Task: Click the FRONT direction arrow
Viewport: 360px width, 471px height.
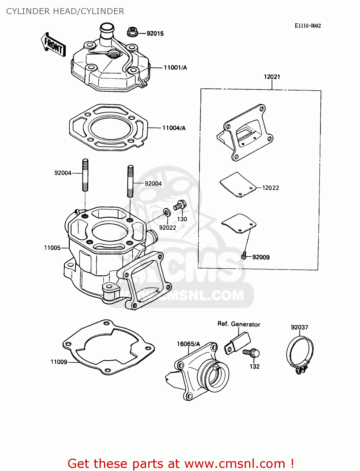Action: click(x=53, y=45)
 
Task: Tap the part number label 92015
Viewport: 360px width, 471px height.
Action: click(x=155, y=34)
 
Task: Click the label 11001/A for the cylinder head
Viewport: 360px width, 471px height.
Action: click(x=175, y=68)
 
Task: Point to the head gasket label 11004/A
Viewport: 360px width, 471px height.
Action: click(x=174, y=128)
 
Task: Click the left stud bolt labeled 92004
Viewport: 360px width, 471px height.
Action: click(x=85, y=175)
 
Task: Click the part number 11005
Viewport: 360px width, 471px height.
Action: click(x=52, y=248)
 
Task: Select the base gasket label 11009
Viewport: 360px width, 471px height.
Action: click(x=59, y=362)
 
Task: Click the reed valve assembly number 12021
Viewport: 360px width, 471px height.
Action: click(x=272, y=77)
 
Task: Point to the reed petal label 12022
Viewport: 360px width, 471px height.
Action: click(x=270, y=188)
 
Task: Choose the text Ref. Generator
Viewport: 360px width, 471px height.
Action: click(x=239, y=324)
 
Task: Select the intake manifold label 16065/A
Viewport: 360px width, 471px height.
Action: click(x=188, y=344)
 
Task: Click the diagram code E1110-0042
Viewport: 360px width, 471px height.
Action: click(x=308, y=26)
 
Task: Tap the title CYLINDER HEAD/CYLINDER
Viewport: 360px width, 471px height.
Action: click(x=65, y=11)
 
